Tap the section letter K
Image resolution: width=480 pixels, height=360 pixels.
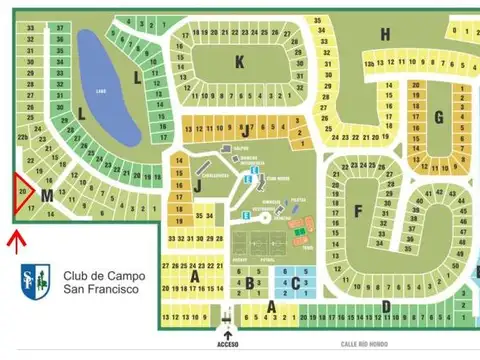(x=239, y=61)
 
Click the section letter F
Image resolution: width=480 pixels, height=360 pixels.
(x=357, y=211)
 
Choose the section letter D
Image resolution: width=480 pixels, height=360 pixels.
(x=386, y=305)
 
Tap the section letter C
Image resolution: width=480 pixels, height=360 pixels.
(x=295, y=283)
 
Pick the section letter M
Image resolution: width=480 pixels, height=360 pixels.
(x=47, y=197)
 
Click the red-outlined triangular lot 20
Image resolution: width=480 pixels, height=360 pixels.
(x=22, y=190)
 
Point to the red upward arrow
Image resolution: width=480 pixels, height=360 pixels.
(x=14, y=240)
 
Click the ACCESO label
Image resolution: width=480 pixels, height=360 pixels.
(x=229, y=342)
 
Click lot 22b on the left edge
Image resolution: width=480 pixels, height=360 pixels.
(x=22, y=136)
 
